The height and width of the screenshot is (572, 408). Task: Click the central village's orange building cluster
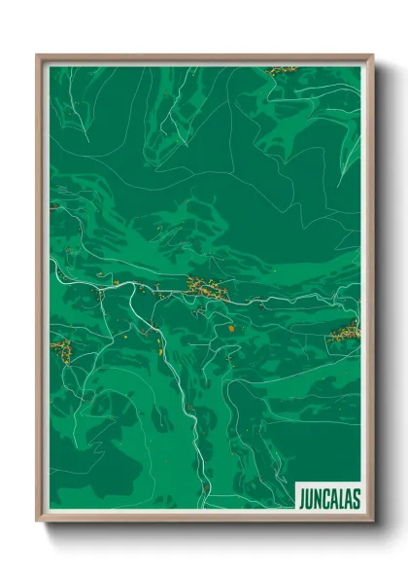tap(208, 286)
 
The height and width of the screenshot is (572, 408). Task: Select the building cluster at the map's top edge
tap(281, 70)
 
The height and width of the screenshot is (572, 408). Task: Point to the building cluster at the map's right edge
tap(346, 334)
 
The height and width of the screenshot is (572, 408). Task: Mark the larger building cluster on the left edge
tap(60, 347)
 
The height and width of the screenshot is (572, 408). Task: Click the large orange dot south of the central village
tap(231, 329)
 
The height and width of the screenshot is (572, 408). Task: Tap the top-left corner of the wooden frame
tap(38, 56)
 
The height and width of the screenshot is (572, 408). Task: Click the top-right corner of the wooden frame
tap(371, 56)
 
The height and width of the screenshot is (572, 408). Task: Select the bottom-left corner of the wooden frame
tap(38, 519)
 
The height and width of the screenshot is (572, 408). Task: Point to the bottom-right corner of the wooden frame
tap(371, 519)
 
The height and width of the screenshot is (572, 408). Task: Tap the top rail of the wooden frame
tap(204, 57)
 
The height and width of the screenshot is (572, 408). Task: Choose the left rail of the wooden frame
tap(40, 292)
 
